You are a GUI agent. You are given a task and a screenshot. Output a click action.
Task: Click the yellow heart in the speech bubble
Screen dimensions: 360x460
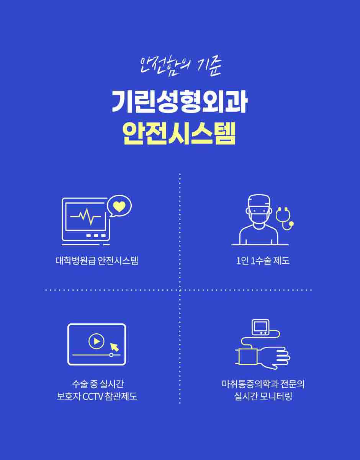[119, 206]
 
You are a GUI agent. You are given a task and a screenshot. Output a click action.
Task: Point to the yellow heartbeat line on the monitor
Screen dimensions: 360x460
[85, 217]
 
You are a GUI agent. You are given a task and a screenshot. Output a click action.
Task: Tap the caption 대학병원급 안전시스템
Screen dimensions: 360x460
[97, 261]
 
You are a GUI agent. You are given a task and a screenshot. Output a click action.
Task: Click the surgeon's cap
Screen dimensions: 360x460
[259, 201]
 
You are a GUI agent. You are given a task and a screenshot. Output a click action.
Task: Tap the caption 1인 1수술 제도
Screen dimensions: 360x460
[263, 261]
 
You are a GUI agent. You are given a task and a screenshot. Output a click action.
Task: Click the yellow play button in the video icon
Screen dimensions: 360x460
[97, 341]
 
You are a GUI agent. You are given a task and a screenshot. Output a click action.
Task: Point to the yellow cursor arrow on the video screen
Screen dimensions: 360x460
[115, 347]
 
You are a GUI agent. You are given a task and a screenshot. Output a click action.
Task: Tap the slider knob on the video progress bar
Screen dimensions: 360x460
[111, 355]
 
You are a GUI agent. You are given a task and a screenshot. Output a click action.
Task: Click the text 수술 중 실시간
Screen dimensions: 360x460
[97, 384]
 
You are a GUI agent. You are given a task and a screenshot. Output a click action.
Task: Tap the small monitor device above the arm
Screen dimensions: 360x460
[260, 327]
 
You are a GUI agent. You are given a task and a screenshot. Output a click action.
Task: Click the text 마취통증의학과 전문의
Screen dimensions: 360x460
[263, 384]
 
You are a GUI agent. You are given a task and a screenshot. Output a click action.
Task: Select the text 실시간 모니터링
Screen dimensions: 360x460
[263, 396]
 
